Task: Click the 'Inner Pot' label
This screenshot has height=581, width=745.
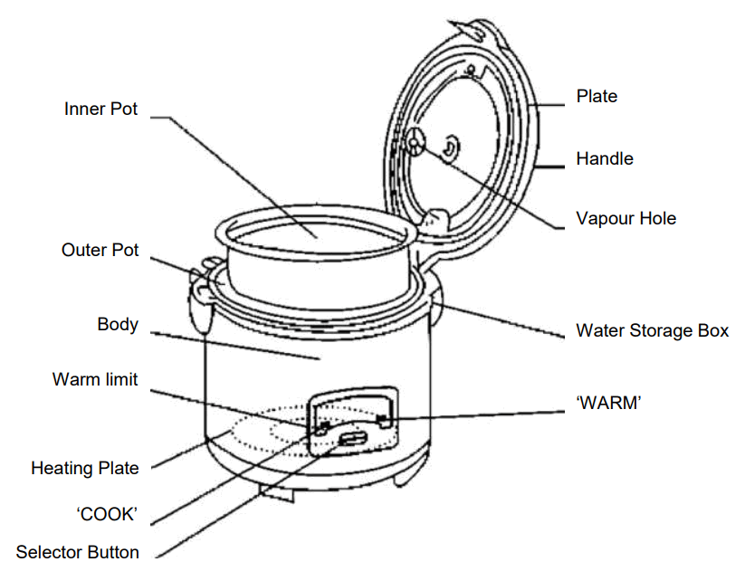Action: coord(101,109)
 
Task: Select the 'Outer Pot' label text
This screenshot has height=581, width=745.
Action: coord(100,249)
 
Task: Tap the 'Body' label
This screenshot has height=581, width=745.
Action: coord(118,324)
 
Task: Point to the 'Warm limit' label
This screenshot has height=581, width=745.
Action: coord(95,379)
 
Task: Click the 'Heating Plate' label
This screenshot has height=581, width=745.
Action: coord(85,468)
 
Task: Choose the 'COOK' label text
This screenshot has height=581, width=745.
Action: coord(106,513)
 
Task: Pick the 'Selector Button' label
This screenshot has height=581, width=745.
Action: coord(78,552)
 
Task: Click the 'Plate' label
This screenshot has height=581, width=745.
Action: coord(597,96)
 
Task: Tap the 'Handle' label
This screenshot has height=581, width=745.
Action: coord(605,158)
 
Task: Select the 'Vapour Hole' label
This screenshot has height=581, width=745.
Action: coord(626,218)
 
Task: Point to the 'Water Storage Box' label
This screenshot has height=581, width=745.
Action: coord(652,330)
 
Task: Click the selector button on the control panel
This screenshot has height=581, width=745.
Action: coord(351,440)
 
